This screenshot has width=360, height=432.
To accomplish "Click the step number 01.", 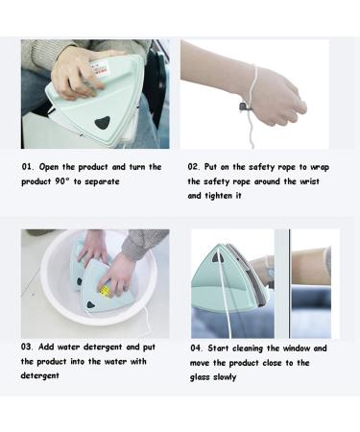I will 28,166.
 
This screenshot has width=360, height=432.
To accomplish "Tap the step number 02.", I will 194,166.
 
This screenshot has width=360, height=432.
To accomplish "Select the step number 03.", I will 29,347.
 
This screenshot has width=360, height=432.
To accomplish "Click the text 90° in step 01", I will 71,180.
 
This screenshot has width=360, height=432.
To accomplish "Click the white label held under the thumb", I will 103,66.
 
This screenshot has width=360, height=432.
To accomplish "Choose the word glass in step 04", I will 204,377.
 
